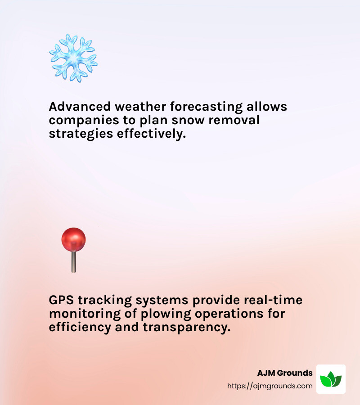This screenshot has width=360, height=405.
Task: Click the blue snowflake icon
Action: (x=73, y=58)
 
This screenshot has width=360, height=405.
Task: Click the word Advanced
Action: (x=73, y=107)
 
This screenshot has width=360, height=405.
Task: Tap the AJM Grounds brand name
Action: (x=285, y=373)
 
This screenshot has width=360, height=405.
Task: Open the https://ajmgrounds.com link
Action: (x=270, y=386)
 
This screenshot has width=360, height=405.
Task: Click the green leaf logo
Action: (x=331, y=379)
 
